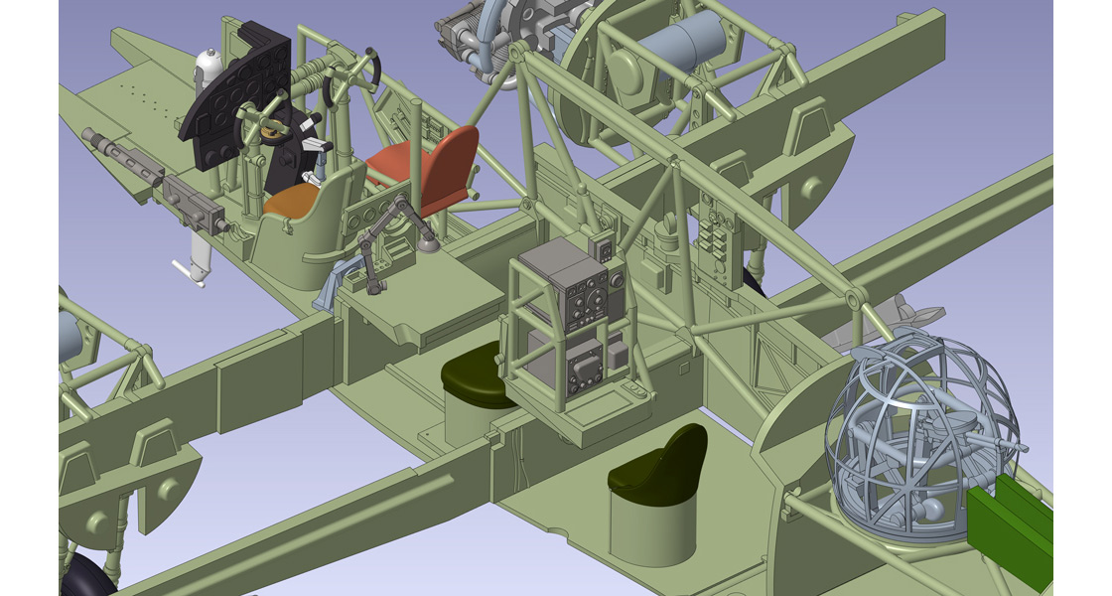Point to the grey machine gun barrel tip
click(89, 135)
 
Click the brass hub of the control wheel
click(269, 128)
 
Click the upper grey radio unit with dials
click(586, 293)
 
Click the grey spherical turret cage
click(918, 437)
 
